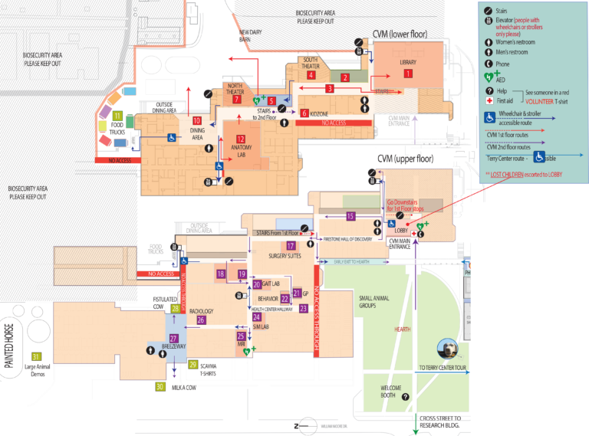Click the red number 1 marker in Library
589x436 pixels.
coord(408,74)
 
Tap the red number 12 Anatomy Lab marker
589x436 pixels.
coord(240,139)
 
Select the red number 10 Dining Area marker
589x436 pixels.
coord(197,120)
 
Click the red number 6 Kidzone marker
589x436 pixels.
coord(304,113)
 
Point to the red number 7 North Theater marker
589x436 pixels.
coord(237,99)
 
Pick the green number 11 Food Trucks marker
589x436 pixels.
coord(117,115)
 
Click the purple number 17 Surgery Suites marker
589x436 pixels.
coord(291,245)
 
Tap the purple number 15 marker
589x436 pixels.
coord(350,216)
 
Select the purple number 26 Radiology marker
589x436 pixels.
coord(201,320)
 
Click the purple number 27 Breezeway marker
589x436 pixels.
coord(174,338)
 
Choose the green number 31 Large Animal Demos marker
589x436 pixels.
coord(35,356)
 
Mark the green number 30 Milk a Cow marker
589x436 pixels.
coord(160,387)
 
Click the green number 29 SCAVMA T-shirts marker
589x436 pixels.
coord(193,364)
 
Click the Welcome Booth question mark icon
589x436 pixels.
coord(406,396)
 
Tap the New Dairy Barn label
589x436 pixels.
coord(250,36)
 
